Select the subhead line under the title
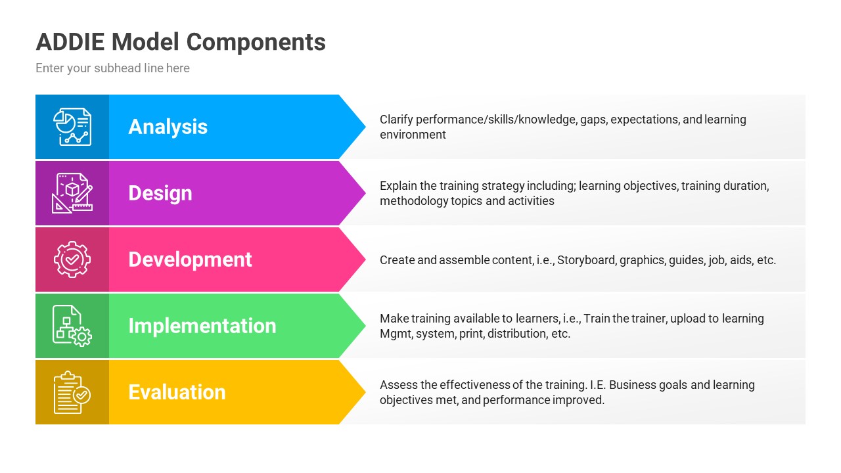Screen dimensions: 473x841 pyautogui.click(x=112, y=68)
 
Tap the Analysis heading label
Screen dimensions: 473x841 pyautogui.click(x=168, y=127)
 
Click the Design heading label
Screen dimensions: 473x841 pyautogui.click(x=160, y=193)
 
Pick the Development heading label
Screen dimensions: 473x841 pyautogui.click(x=190, y=259)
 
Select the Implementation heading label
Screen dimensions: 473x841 pyautogui.click(x=202, y=326)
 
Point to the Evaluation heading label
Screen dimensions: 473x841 pyautogui.click(x=177, y=392)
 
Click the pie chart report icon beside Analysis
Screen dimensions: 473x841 pyautogui.click(x=72, y=127)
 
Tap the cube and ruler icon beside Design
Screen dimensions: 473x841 pyautogui.click(x=72, y=193)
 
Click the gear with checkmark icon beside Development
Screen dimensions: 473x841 pyautogui.click(x=72, y=259)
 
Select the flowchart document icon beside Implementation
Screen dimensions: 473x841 pyautogui.click(x=72, y=326)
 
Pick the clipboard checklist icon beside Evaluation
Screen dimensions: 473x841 pyautogui.click(x=72, y=392)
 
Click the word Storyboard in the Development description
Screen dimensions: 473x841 pyautogui.click(x=586, y=260)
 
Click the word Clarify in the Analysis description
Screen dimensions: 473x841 pyautogui.click(x=396, y=120)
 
